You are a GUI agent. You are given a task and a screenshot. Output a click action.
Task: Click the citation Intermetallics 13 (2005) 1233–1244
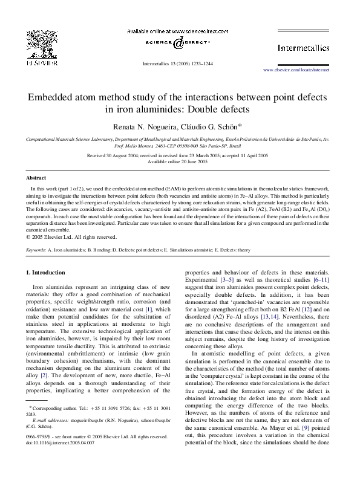(x=179, y=62)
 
